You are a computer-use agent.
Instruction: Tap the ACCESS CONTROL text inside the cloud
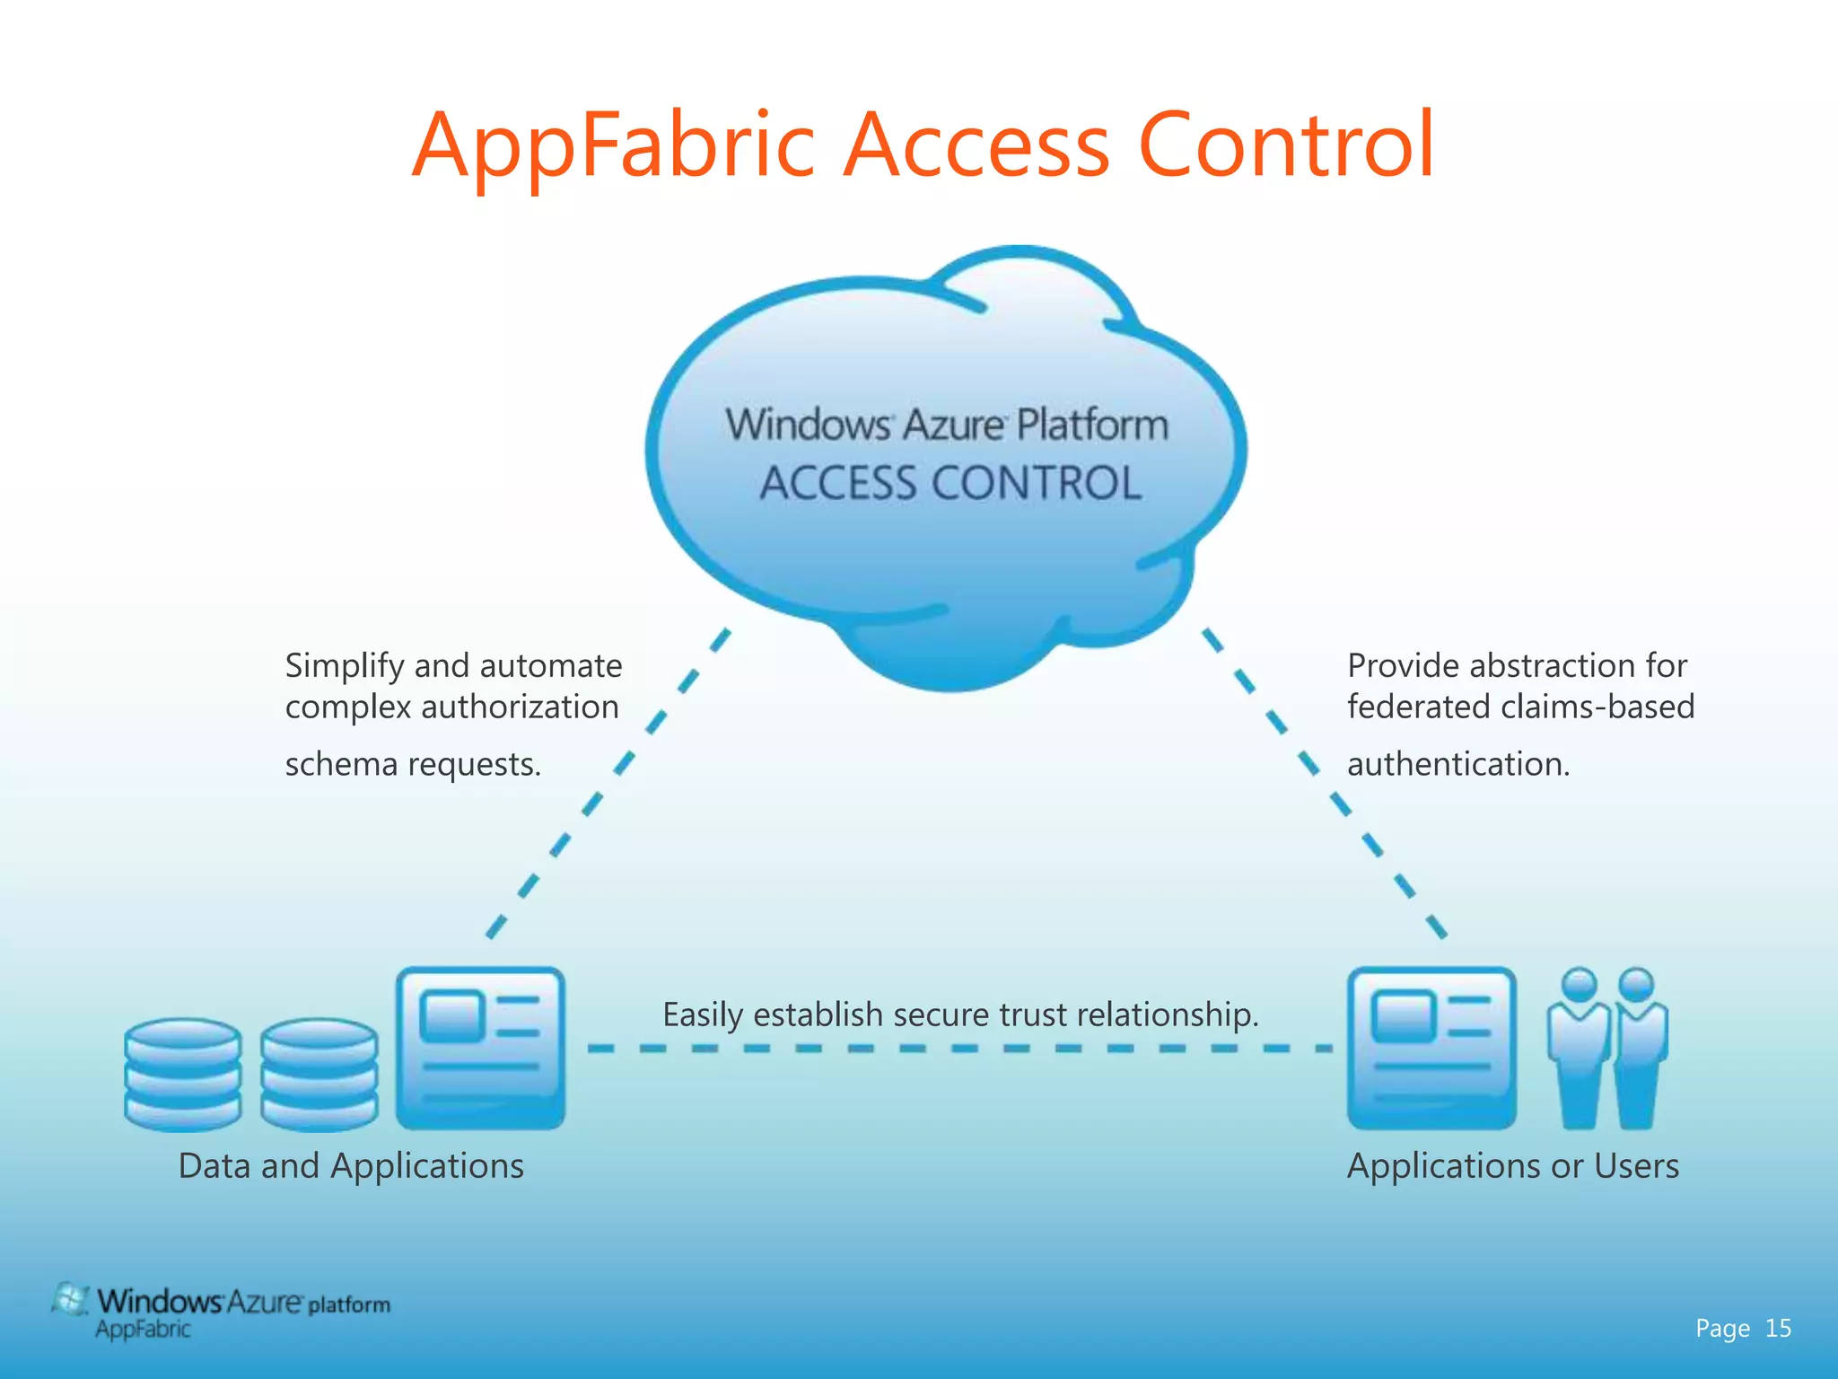pyautogui.click(x=950, y=483)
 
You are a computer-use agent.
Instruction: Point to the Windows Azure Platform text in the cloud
pyautogui.click(x=947, y=425)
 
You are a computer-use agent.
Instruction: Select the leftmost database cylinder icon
pyautogui.click(x=183, y=1074)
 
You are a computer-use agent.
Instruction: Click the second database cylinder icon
pyautogui.click(x=319, y=1074)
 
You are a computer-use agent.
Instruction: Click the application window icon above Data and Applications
pyautogui.click(x=481, y=1047)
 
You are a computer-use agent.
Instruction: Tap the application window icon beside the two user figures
pyautogui.click(x=1431, y=1047)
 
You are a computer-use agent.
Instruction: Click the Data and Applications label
pyautogui.click(x=351, y=1166)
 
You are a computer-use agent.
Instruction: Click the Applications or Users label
pyautogui.click(x=1512, y=1166)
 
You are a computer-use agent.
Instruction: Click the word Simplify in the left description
pyautogui.click(x=345, y=666)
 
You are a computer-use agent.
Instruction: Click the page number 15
pyautogui.click(x=1778, y=1328)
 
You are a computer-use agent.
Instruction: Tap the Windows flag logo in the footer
pyautogui.click(x=70, y=1300)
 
